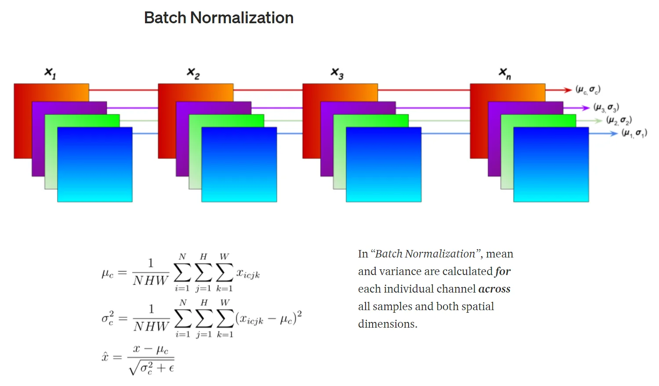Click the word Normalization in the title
tap(242, 18)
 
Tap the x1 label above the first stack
tap(50, 73)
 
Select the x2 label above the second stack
tap(193, 73)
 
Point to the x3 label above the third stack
tap(337, 73)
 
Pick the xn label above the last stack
tap(505, 73)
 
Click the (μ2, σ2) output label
tap(619, 120)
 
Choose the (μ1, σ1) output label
tap(634, 133)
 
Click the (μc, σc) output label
tap(588, 90)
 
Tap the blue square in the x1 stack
tap(95, 164)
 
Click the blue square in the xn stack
tap(551, 164)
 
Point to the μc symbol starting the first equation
tap(108, 274)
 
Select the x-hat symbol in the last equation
tap(105, 357)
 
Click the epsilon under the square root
tap(171, 368)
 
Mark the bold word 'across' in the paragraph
tap(494, 289)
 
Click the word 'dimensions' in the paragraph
tap(387, 324)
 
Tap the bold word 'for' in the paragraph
tap(503, 272)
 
